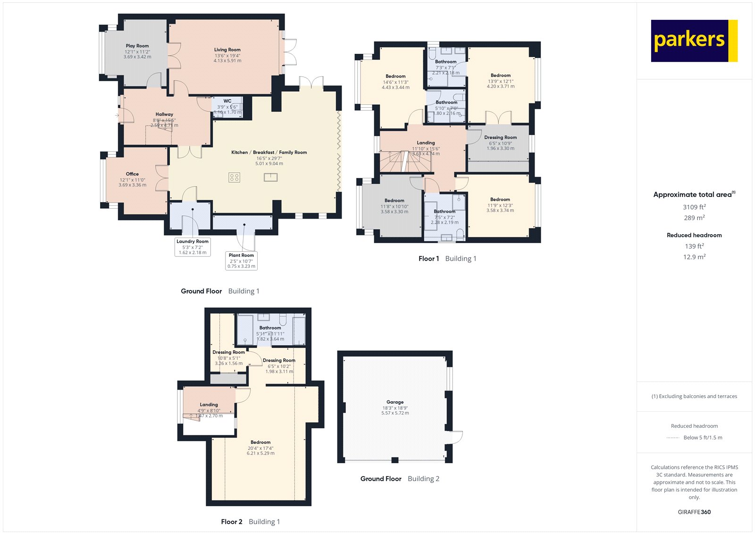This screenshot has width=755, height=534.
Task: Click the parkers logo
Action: [694, 41]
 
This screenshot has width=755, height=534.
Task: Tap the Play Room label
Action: [137, 46]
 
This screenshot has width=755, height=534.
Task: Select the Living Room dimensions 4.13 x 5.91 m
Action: [227, 61]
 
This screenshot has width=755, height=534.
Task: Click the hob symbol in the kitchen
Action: [235, 178]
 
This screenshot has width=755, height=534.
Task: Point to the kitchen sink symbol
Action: [270, 178]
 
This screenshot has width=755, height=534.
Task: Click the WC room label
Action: [227, 101]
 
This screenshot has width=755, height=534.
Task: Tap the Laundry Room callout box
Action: [193, 246]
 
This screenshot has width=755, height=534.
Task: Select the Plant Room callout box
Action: [241, 261]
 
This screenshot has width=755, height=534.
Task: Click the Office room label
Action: [133, 174]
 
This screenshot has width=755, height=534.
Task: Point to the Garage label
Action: [395, 402]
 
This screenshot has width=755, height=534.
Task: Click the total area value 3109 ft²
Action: [694, 207]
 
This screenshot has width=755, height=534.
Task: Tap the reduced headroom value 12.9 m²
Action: [694, 257]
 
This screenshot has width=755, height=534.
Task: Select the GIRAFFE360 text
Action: [694, 512]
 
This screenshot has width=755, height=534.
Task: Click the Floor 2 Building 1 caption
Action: [251, 522]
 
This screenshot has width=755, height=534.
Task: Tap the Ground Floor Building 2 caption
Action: [400, 479]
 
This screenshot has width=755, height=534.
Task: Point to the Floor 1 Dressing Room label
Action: [500, 137]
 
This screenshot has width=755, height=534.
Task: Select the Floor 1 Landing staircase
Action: [405, 162]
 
